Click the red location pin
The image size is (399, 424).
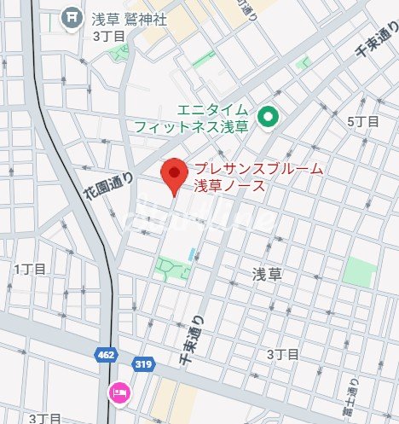pos(175,173)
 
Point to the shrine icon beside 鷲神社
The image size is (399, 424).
pos(74,15)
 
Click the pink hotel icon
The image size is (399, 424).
pos(119,392)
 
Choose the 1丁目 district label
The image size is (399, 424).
pos(29,269)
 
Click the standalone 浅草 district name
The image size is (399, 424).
pos(266,274)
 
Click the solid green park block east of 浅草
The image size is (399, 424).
pos(361,272)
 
